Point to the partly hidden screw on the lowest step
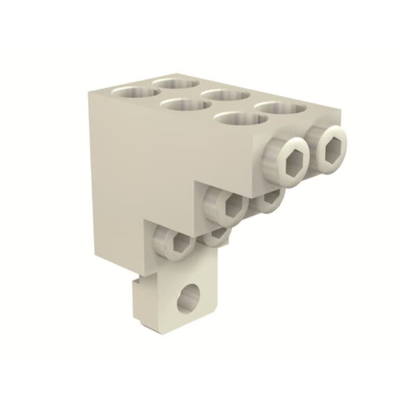216,236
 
